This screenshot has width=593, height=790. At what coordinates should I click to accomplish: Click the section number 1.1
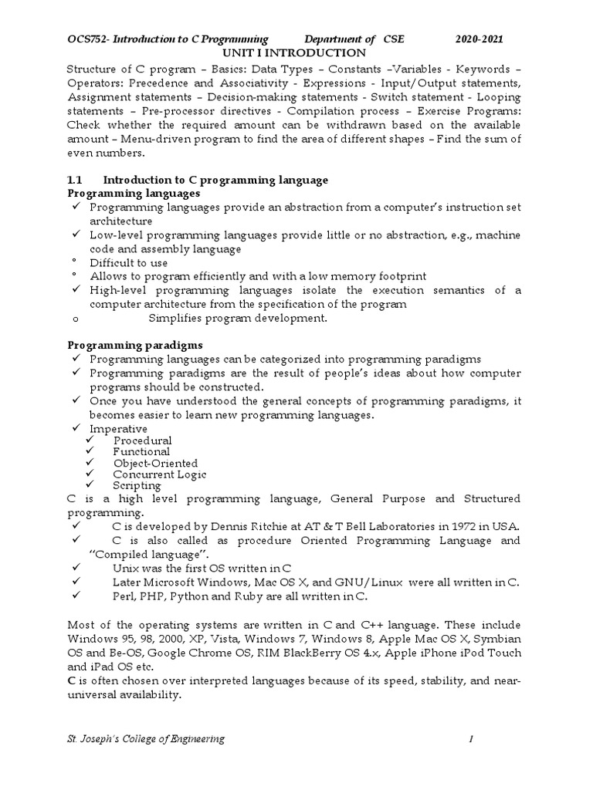[76, 180]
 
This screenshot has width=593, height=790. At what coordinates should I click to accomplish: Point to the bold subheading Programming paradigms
[135, 345]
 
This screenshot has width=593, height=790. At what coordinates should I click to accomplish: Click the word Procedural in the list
[142, 441]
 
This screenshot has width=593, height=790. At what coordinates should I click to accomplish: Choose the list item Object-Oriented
[155, 463]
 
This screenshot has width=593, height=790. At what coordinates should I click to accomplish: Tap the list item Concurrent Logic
[159, 474]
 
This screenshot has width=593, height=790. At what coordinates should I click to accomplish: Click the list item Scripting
[137, 486]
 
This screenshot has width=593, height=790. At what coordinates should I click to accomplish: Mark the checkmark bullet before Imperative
[76, 428]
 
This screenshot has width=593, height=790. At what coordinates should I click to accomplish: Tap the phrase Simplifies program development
[238, 318]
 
